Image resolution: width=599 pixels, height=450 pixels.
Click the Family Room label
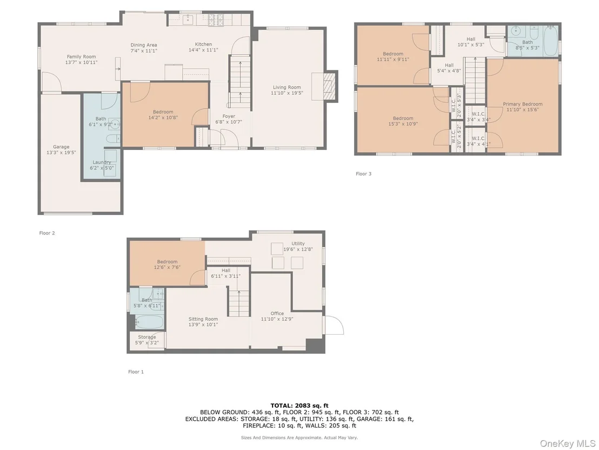pyautogui.click(x=82, y=57)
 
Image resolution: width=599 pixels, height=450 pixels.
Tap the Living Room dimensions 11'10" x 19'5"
pyautogui.click(x=287, y=93)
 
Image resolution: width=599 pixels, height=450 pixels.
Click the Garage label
pyautogui.click(x=61, y=147)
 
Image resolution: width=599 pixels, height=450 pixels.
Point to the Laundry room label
pyautogui.click(x=102, y=162)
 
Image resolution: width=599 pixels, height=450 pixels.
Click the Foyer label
pyautogui.click(x=229, y=116)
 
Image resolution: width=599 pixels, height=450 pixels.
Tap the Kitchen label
pyautogui.click(x=203, y=44)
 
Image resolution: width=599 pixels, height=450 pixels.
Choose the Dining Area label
pyautogui.click(x=144, y=45)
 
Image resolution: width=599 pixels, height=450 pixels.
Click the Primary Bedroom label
pyautogui.click(x=523, y=104)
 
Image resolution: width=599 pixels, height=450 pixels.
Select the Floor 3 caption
pyautogui.click(x=363, y=174)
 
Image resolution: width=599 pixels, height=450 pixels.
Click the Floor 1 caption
pyautogui.click(x=136, y=372)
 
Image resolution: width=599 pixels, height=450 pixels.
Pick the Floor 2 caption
pyautogui.click(x=47, y=233)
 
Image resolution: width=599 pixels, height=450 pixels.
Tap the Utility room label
pyautogui.click(x=298, y=244)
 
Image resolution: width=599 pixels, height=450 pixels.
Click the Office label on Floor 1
pyautogui.click(x=277, y=314)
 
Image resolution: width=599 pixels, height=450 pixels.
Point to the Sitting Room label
pyautogui.click(x=203, y=319)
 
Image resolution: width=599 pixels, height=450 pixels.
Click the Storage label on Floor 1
pyautogui.click(x=147, y=337)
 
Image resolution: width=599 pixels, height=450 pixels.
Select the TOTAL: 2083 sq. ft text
pyautogui.click(x=299, y=406)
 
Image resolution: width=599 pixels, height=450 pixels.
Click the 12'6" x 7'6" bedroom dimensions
pyautogui.click(x=167, y=268)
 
